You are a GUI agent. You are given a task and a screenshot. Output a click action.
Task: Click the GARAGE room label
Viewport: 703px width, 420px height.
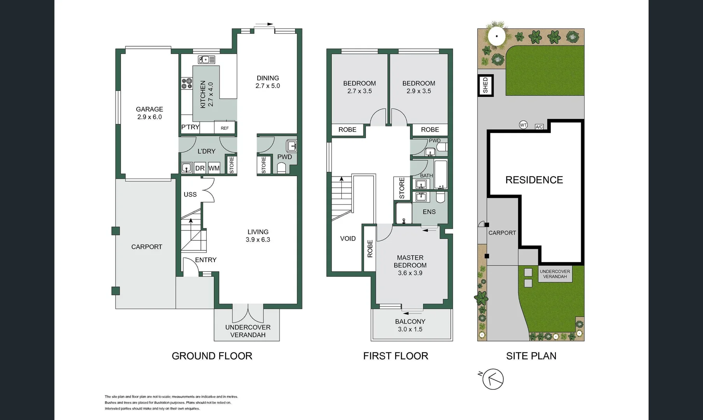pyautogui.click(x=149, y=109)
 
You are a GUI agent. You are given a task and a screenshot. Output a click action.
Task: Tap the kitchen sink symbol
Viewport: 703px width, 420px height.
pyautogui.click(x=206, y=59)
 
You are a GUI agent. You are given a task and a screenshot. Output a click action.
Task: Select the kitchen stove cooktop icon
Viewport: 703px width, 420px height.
pyautogui.click(x=187, y=83)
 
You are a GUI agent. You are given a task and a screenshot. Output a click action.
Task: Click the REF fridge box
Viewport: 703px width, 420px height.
pyautogui.click(x=225, y=128)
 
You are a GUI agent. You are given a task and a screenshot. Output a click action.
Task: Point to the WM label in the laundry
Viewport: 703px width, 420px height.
pyautogui.click(x=214, y=168)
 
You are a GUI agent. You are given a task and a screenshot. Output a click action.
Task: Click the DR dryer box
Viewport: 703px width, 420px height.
pyautogui.click(x=200, y=168)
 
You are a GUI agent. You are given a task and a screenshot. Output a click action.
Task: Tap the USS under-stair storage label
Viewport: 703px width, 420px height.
pyautogui.click(x=190, y=194)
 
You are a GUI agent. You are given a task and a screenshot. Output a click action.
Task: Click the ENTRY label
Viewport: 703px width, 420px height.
pyautogui.click(x=206, y=260)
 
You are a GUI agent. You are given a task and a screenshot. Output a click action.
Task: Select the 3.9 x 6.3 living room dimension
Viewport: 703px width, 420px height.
pyautogui.click(x=258, y=240)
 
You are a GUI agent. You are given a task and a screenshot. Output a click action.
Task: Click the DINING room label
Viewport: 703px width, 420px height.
pyautogui.click(x=268, y=78)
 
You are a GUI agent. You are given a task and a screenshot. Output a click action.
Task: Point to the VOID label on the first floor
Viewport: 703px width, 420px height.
pyautogui.click(x=348, y=239)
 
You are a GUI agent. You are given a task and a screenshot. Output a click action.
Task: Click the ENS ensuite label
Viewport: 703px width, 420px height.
pyautogui.click(x=429, y=212)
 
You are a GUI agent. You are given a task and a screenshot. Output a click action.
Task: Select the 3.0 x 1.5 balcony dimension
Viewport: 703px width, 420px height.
pyautogui.click(x=410, y=329)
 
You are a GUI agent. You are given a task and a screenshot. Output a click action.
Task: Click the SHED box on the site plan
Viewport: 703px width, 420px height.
pyautogui.click(x=485, y=86)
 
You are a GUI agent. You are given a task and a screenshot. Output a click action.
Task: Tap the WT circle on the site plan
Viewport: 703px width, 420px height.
pyautogui.click(x=523, y=125)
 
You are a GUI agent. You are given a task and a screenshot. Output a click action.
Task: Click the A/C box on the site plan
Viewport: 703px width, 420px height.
pyautogui.click(x=539, y=127)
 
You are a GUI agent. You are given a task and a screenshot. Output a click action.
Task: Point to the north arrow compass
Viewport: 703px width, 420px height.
pyautogui.click(x=493, y=379)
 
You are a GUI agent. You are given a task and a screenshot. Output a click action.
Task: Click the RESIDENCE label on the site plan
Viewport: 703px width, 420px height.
pyautogui.click(x=534, y=180)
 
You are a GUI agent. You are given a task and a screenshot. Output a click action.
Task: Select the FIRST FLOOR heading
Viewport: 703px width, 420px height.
pyautogui.click(x=395, y=356)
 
